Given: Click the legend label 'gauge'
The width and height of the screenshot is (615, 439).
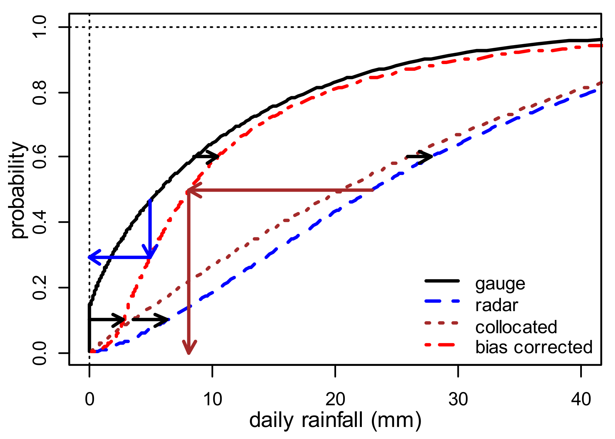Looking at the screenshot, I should [x=500, y=284].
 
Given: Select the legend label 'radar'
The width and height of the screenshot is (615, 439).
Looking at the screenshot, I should [x=497, y=305].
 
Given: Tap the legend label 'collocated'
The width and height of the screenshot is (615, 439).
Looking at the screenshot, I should [x=516, y=327].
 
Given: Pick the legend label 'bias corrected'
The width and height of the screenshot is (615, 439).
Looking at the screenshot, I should [x=534, y=347].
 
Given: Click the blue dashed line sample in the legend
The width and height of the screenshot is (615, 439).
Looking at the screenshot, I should [x=442, y=301].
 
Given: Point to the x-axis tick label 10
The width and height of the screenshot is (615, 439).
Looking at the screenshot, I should [x=212, y=399].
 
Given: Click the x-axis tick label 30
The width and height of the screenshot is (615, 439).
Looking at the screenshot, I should [x=458, y=399].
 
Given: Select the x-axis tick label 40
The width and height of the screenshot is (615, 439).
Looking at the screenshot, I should [x=581, y=399].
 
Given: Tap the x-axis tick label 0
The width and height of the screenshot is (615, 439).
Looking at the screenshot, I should [x=89, y=399].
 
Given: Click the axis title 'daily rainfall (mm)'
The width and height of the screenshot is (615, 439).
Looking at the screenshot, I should [x=335, y=420].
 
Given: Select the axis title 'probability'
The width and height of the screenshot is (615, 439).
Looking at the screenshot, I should [x=19, y=190].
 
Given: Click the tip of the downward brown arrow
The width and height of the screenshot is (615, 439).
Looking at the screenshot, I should [x=189, y=353].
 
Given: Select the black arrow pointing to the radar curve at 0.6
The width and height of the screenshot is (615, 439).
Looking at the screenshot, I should [x=419, y=157].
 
